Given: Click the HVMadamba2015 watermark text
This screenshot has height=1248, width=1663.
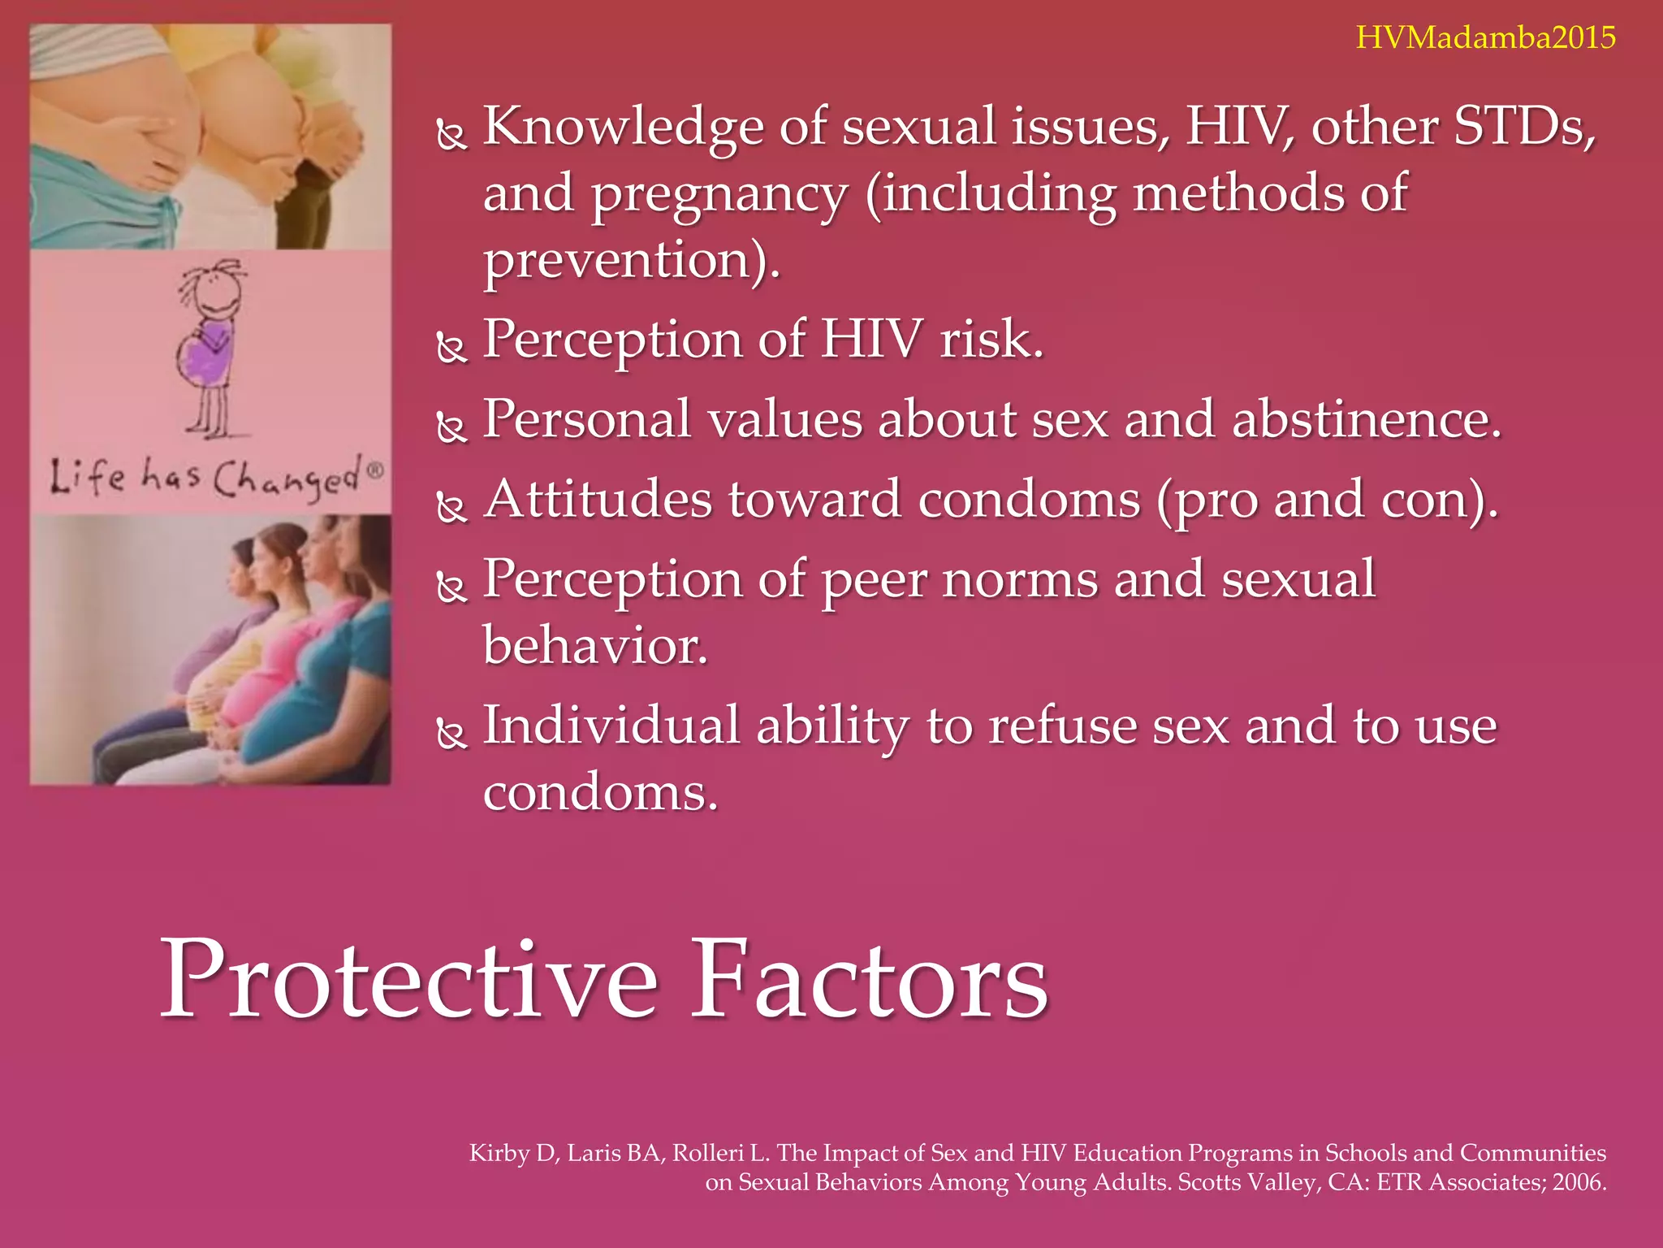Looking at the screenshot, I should (x=1485, y=38).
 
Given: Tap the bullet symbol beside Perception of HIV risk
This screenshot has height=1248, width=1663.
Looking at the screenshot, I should (x=451, y=347).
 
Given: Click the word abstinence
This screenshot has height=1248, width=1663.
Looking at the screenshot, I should (x=1366, y=420).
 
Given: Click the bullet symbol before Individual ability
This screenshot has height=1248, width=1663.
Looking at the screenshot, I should (x=451, y=733).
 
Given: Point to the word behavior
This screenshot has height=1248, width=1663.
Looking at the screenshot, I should (x=594, y=646).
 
